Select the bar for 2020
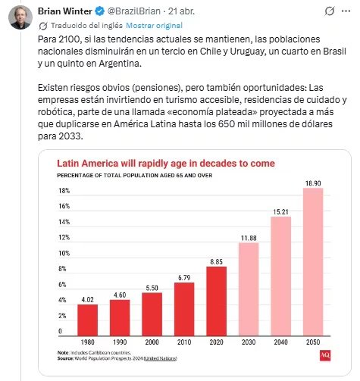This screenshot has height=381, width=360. click(216, 301)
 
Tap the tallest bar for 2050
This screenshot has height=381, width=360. click(312, 261)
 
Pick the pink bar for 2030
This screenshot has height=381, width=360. click(248, 289)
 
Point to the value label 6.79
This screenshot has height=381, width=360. click(183, 276)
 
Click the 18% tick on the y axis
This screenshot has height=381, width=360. click(64, 191)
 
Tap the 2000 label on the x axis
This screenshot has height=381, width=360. click(152, 342)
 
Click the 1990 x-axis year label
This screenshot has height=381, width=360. click(120, 342)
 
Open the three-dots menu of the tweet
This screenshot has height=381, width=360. click(344, 11)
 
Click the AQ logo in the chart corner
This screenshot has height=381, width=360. click(325, 354)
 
